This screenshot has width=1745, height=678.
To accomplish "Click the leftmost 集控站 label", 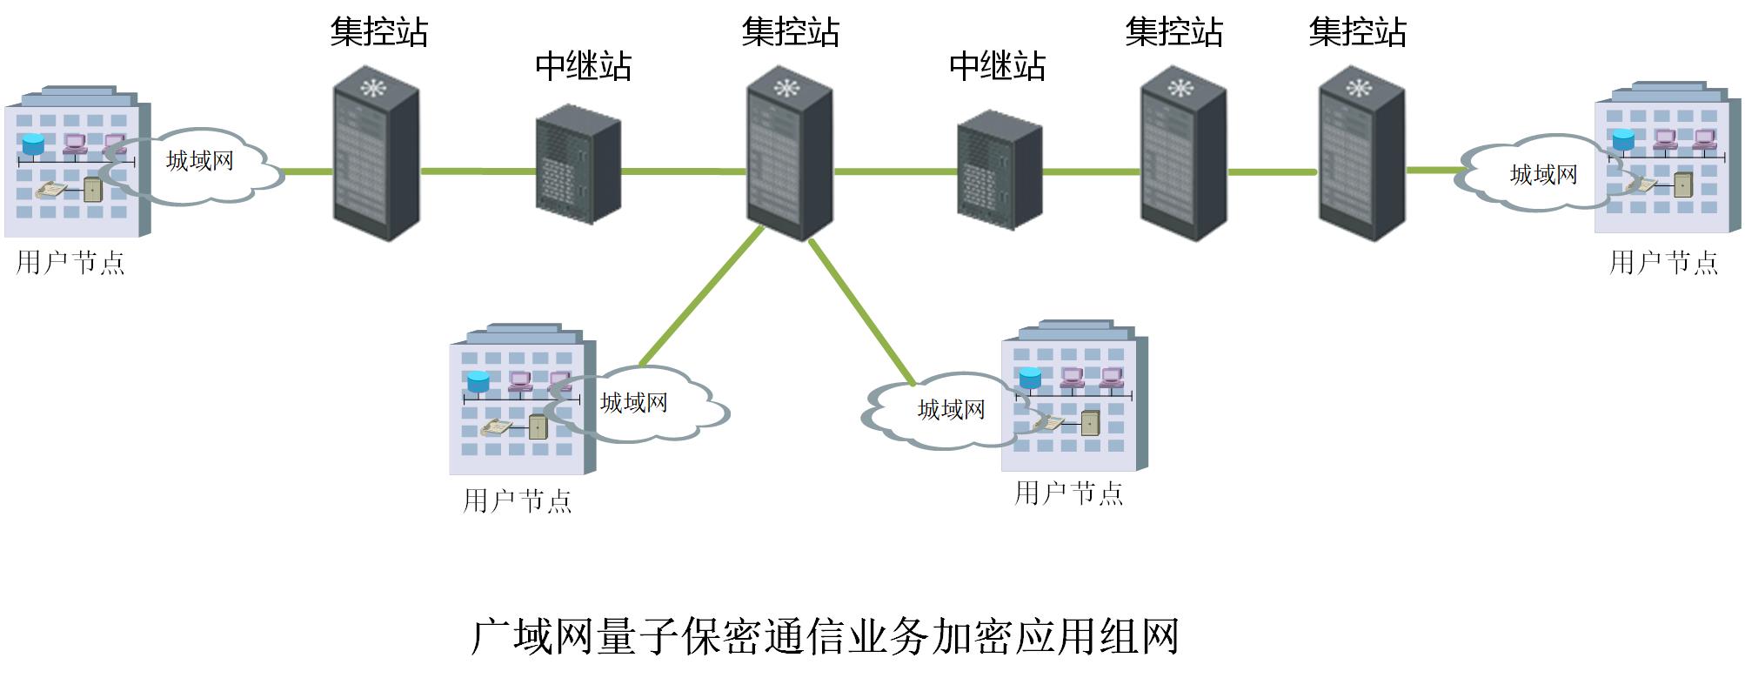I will [378, 32].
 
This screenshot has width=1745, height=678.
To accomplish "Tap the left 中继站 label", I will [583, 66].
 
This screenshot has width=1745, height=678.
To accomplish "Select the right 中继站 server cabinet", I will [999, 170].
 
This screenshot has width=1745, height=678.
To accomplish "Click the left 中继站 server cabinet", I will [578, 164].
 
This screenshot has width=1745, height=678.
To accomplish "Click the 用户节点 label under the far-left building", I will [70, 263].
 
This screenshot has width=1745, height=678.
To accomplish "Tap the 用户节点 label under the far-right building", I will [1663, 263].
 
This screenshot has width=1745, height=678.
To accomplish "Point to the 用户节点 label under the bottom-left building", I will [518, 501].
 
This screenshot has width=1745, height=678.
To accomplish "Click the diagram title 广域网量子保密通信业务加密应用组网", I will [825, 637].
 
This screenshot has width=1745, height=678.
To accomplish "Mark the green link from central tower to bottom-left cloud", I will [701, 296].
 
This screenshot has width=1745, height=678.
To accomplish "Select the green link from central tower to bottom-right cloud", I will [861, 312].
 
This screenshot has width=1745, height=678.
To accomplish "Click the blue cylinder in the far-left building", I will [33, 144].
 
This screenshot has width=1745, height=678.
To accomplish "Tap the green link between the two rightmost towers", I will [1272, 172].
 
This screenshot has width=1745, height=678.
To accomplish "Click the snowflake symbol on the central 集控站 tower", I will [786, 88].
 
